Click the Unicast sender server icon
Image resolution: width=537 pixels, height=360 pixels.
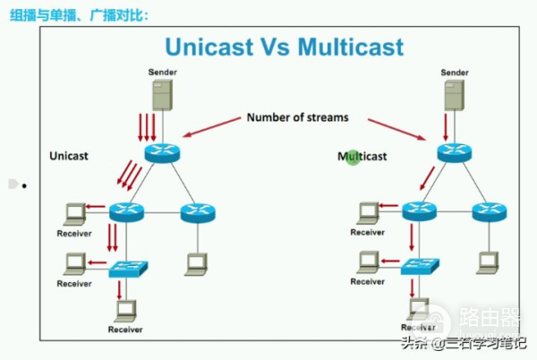tap(162, 94)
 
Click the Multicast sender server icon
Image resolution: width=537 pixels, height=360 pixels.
tap(455, 94)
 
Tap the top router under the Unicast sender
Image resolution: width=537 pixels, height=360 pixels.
tap(162, 151)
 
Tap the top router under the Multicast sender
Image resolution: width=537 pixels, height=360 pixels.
tap(456, 151)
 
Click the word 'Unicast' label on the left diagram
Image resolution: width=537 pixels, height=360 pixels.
tap(70, 157)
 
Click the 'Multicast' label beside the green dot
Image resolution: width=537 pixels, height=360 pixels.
tap(362, 157)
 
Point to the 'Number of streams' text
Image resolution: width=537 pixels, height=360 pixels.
tap(298, 116)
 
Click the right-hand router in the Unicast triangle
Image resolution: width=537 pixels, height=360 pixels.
tap(198, 212)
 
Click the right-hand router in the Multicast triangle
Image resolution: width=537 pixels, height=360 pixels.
tap(490, 212)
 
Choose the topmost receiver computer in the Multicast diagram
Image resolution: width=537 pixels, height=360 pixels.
tap(366, 213)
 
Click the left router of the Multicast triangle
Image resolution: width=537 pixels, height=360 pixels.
tap(419, 212)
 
